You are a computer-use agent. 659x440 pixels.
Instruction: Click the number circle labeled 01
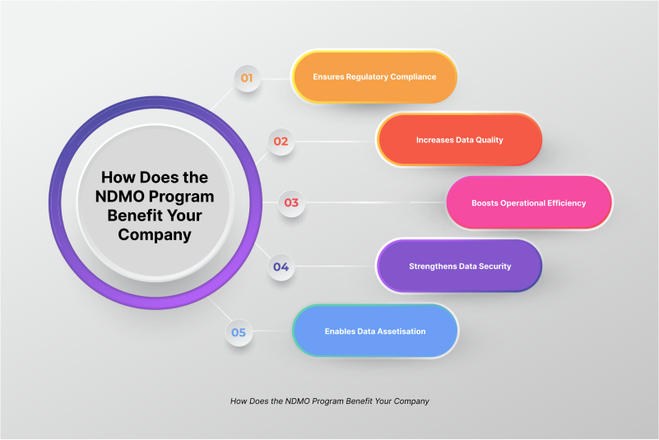(246, 79)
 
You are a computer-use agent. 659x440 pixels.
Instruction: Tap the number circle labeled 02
(281, 141)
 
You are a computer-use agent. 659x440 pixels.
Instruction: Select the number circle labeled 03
(291, 202)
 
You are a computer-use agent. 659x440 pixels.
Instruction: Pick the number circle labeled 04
(281, 266)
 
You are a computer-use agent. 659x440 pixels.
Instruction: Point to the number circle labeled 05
(239, 332)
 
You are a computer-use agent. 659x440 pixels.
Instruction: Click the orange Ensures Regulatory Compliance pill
(374, 76)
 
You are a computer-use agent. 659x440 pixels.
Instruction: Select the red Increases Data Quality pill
(459, 140)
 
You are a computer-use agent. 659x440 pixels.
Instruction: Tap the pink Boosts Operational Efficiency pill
(528, 202)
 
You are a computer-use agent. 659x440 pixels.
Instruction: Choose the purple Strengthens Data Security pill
(459, 266)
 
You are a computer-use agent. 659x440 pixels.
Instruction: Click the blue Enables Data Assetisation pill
(375, 331)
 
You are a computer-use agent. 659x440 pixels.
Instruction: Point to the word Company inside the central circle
(154, 235)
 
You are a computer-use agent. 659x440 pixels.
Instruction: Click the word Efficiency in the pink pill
(564, 202)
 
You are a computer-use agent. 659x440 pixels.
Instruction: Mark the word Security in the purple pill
(492, 266)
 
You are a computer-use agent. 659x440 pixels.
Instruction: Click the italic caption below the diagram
(330, 401)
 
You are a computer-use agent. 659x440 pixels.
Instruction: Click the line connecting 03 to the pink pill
(374, 202)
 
